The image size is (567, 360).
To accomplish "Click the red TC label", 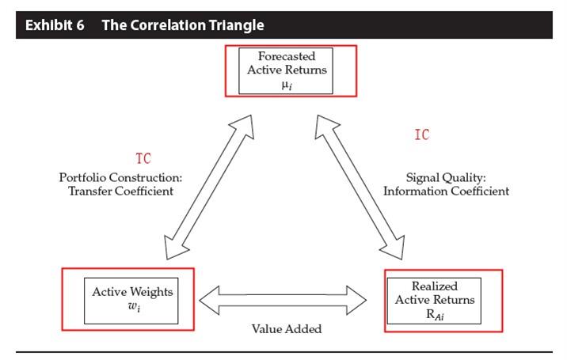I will click(143, 158).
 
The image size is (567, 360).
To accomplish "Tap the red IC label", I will click(422, 135).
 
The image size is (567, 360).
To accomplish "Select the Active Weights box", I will click(132, 298).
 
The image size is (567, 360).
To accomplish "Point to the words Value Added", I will click(287, 328).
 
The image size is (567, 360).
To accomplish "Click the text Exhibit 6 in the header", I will click(58, 25).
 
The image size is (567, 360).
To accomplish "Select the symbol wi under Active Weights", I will click(132, 306).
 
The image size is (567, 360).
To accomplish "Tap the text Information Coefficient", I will click(446, 191).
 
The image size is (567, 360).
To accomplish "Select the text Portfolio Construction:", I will click(121, 177).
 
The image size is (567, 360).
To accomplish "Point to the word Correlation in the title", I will click(168, 25).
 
